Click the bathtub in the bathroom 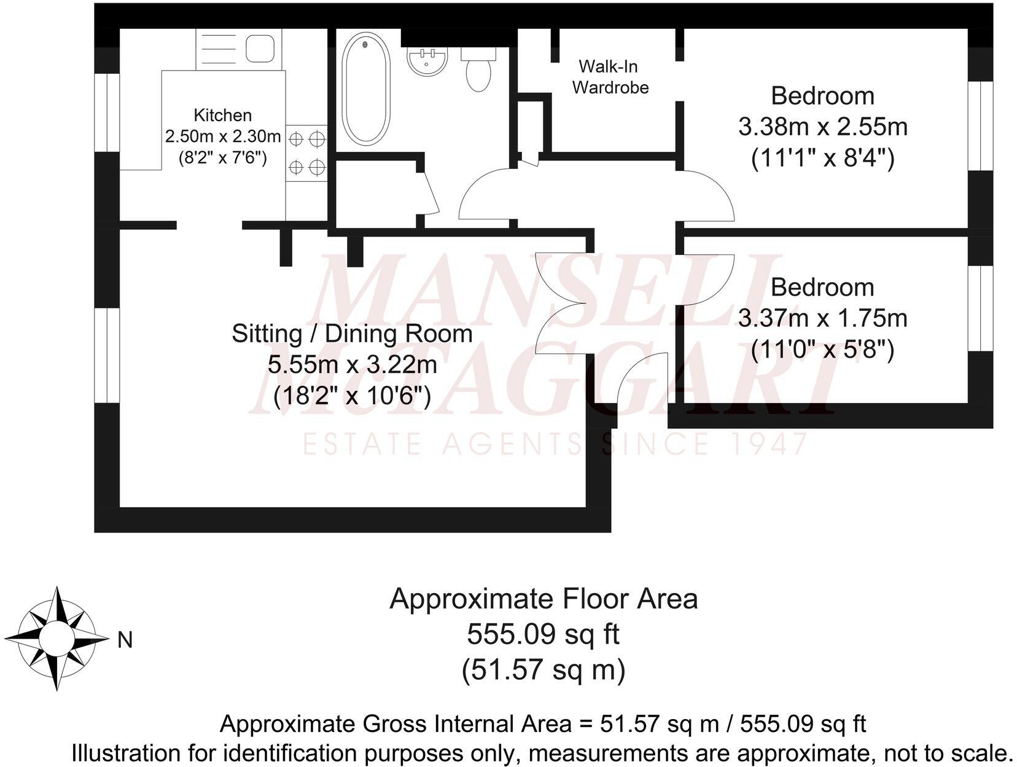(x=365, y=89)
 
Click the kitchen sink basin (x=260, y=48)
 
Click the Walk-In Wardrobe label (x=610, y=77)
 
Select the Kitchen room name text (x=222, y=115)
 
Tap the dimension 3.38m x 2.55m (x=822, y=127)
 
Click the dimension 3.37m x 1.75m (x=822, y=318)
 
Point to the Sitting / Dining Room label (x=352, y=334)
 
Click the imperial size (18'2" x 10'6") (x=352, y=395)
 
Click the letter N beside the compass (x=125, y=640)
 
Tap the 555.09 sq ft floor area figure (x=543, y=634)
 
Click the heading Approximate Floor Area (x=543, y=599)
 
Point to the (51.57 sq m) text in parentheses (x=543, y=669)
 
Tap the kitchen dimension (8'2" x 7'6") (x=222, y=158)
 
